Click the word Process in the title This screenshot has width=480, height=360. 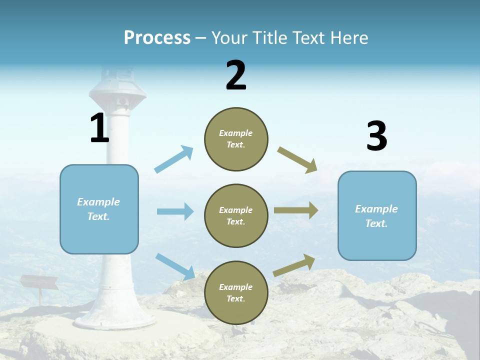coord(157,38)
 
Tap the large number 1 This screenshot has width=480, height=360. coord(99,129)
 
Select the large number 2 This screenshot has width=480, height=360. coord(236,75)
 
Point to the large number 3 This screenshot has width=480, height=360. coord(376,136)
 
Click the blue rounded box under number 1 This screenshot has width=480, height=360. coord(99,209)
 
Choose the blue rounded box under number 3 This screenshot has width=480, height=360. coord(377,215)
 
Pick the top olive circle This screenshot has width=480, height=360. coord(236,139)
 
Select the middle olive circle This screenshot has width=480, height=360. coord(236,215)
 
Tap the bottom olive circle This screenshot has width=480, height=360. coord(236,292)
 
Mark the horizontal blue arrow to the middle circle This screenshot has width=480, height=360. coord(175,211)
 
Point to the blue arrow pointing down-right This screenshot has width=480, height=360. coord(175,266)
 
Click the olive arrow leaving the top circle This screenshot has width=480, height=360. coord(297,160)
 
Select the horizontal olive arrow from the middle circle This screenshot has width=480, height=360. coord(296,210)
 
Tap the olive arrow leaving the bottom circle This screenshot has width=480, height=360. coord(294,265)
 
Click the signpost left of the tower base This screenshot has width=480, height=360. coord(39,283)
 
